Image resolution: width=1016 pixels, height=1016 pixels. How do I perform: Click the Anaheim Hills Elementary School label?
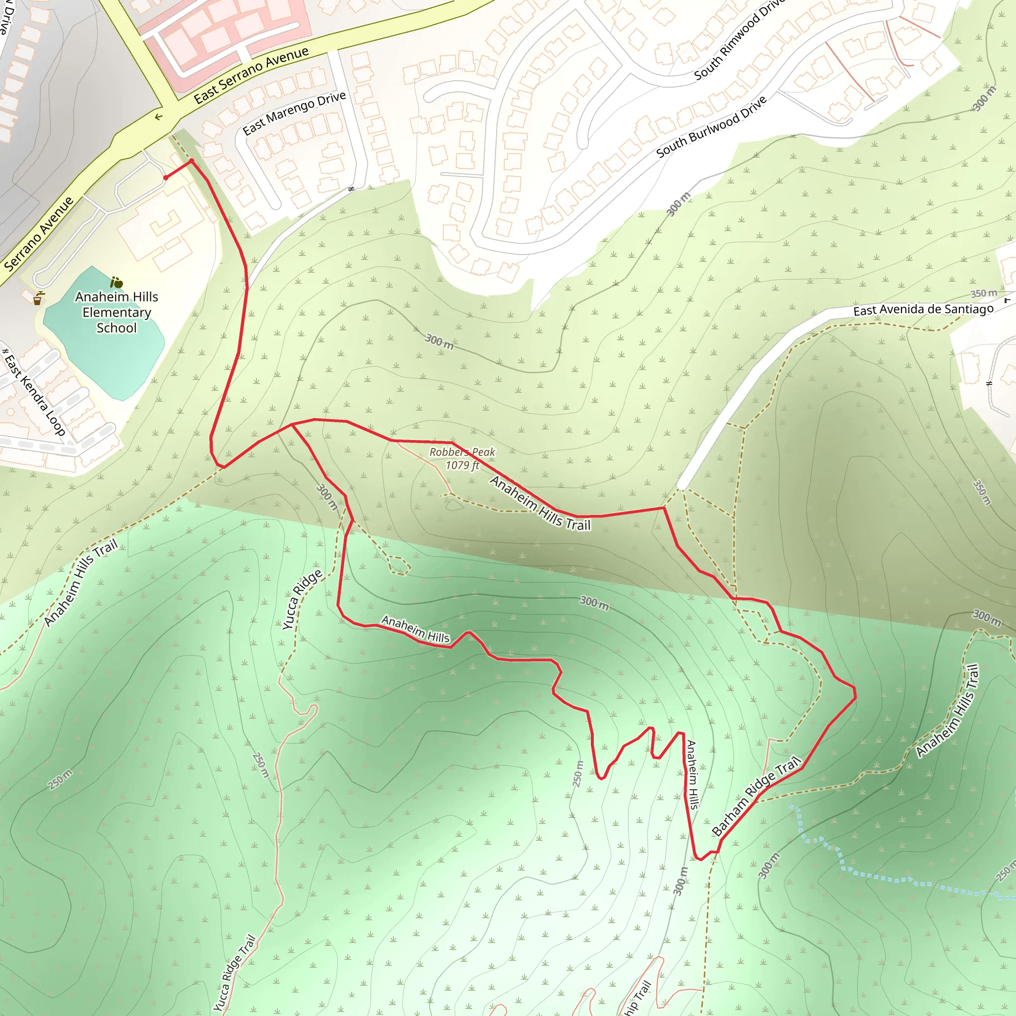[x=116, y=313]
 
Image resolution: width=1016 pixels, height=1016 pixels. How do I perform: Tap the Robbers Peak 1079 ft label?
[x=462, y=458]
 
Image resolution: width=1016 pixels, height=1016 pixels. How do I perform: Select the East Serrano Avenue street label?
[x=251, y=75]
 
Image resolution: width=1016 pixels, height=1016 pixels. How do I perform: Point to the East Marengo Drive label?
[x=294, y=113]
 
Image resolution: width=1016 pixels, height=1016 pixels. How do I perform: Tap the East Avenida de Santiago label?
[x=923, y=310]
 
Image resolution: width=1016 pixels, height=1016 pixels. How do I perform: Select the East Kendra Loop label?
[x=34, y=392]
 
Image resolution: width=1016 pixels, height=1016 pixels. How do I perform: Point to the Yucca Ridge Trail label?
[x=234, y=973]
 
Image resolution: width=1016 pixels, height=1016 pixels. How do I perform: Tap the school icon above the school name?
[x=116, y=282]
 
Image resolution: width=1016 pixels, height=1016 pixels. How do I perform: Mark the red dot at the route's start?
[x=166, y=178]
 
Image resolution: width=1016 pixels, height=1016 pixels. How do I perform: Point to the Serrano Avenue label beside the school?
[x=38, y=234]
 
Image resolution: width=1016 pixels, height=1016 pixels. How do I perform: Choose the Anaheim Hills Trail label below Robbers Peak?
[x=540, y=503]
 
